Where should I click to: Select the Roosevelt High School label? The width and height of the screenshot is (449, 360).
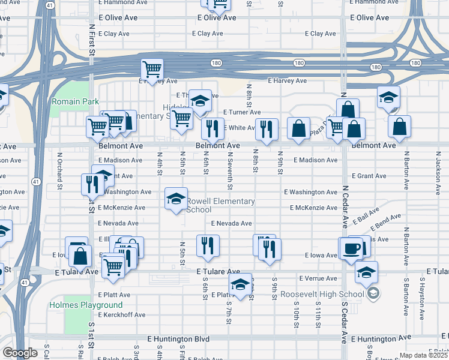(x=322, y=294)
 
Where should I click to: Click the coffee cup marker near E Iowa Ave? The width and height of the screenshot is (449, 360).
(x=353, y=248)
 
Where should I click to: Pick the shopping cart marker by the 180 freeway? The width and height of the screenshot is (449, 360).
(x=152, y=70)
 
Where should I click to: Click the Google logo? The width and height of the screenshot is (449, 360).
(x=19, y=353)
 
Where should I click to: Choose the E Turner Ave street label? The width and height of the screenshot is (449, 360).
(x=242, y=112)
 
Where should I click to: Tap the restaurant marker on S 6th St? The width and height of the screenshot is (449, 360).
(x=208, y=246)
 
